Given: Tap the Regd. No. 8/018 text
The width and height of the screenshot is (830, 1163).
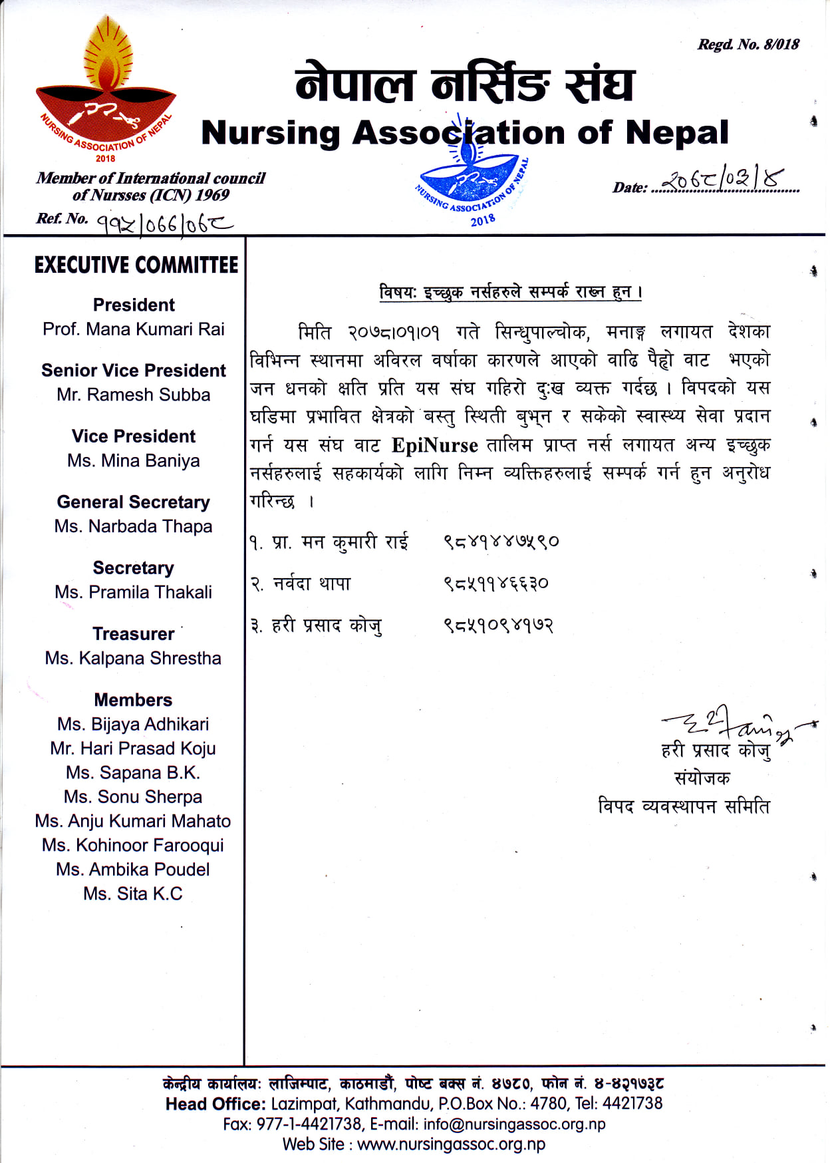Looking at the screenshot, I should [748, 45].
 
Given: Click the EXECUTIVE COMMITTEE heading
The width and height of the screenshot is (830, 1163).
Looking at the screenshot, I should [136, 265].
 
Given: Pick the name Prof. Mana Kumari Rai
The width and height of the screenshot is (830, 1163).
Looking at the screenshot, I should [134, 329].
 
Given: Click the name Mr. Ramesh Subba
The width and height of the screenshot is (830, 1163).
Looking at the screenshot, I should [134, 395].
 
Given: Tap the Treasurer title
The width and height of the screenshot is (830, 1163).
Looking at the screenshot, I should [134, 633].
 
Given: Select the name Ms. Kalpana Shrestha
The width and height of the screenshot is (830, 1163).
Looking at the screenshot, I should [134, 658].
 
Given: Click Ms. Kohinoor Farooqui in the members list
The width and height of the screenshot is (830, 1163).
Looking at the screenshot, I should [133, 845].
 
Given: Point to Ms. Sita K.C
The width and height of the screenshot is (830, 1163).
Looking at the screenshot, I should [133, 894].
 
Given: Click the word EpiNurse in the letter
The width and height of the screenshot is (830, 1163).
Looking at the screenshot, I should [434, 445].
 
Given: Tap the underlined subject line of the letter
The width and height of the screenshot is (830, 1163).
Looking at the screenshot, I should [510, 292].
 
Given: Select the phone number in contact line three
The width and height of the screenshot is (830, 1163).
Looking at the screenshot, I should [498, 625].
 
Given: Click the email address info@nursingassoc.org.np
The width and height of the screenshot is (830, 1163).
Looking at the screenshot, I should [514, 1124].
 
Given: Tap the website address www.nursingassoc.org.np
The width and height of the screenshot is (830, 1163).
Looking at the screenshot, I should [451, 1144].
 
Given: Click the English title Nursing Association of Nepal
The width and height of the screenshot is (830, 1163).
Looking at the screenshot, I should [465, 132].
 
